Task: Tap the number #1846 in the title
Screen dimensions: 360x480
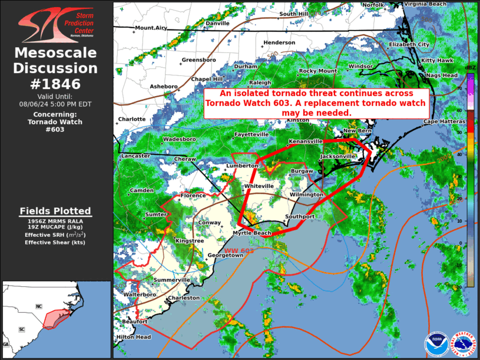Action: coord(55,84)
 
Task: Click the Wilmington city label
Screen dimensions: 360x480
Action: coord(306,194)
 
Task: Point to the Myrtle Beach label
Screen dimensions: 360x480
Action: coord(253,233)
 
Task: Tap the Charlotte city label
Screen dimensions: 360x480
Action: coord(132,119)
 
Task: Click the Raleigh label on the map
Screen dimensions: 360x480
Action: coord(260,83)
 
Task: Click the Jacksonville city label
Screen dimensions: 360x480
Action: coord(337,156)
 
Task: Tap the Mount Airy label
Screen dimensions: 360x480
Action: coord(151,28)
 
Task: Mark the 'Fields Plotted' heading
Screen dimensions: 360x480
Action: coord(55,211)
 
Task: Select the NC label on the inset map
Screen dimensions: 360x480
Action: coord(39,307)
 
